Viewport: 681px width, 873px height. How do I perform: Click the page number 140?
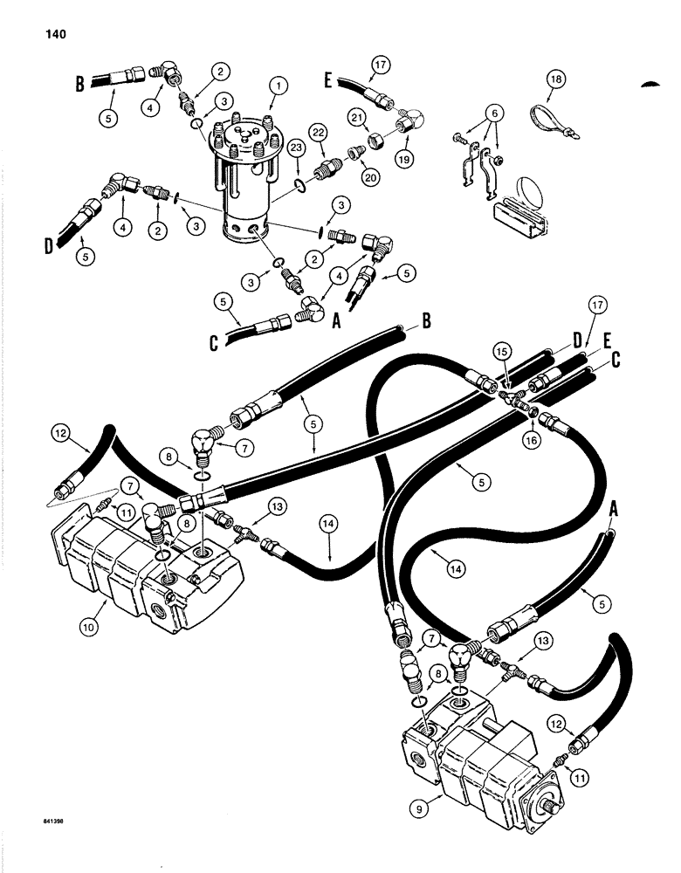tap(46, 35)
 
